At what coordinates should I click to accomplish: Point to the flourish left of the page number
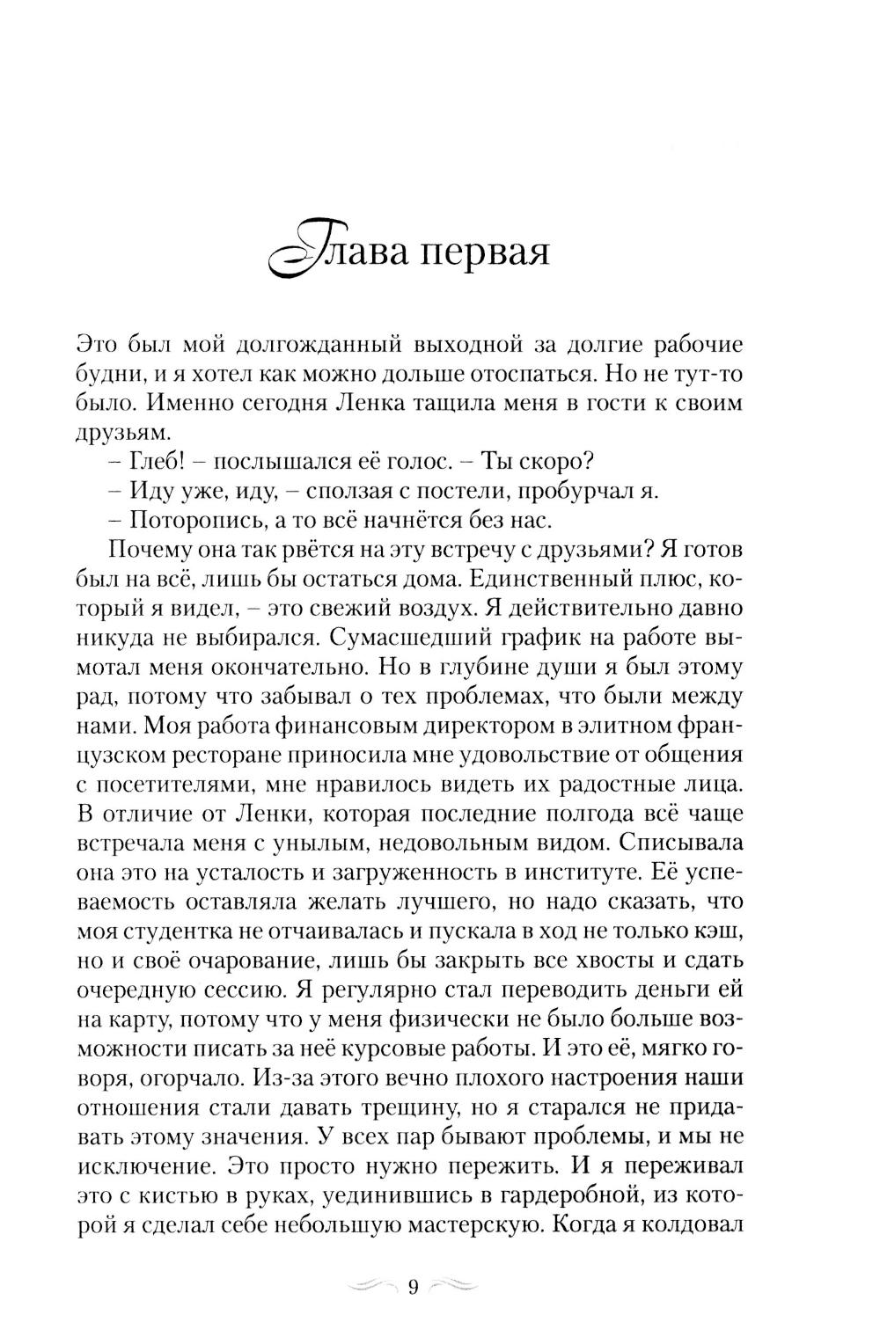point(374,1287)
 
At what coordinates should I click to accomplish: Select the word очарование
point(237,960)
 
